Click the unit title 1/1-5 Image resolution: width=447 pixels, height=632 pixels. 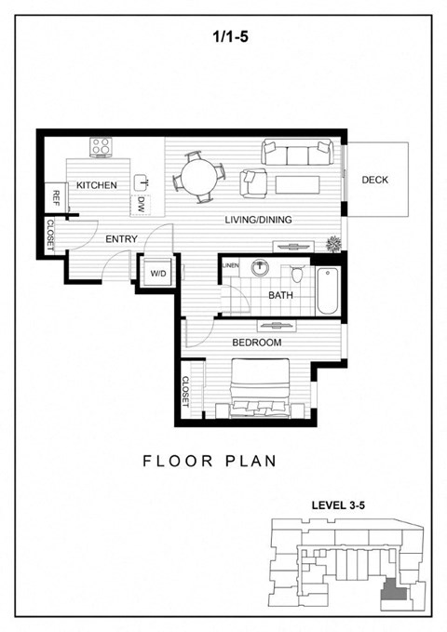223,38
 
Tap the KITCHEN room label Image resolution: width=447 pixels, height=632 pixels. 96,185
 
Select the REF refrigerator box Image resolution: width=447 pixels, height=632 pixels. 56,197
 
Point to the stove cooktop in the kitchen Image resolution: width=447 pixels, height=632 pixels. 101,146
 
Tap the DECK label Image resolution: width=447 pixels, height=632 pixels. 374,181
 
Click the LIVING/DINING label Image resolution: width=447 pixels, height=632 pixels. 259,220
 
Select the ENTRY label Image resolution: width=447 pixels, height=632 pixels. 121,239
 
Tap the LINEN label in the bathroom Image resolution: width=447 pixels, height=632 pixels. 231,267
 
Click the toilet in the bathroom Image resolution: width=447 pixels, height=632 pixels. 297,275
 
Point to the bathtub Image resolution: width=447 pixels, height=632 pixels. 327,289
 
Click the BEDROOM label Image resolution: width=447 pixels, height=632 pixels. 256,343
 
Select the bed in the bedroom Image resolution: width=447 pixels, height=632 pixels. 264,391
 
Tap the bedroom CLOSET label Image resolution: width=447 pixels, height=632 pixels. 185,391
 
